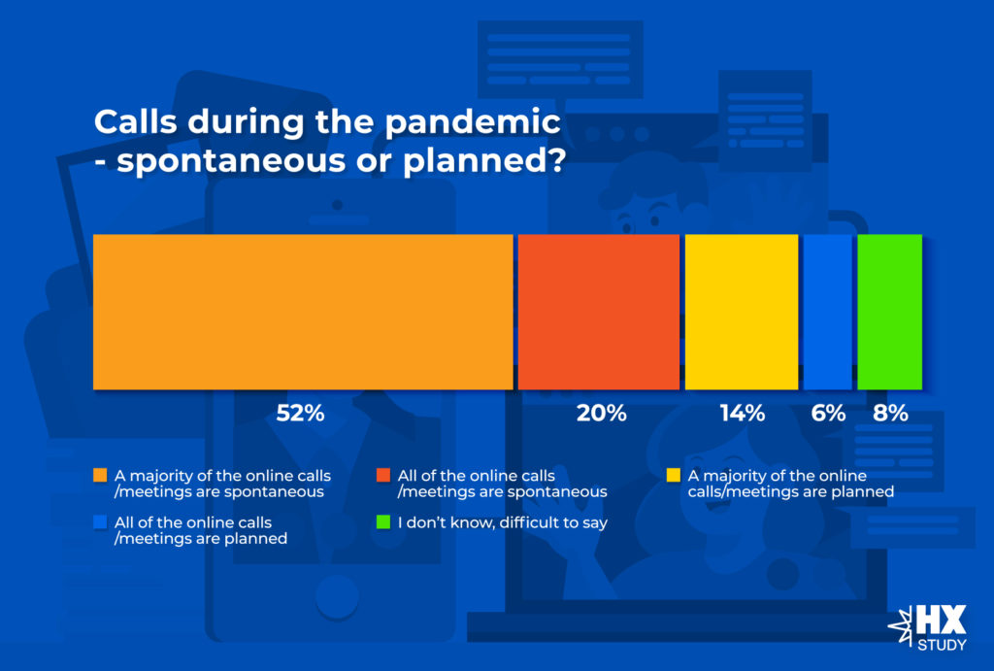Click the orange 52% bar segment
(x=303, y=312)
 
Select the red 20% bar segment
(x=598, y=312)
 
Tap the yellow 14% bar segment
(x=742, y=312)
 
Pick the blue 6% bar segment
(x=828, y=312)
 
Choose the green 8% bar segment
(x=889, y=312)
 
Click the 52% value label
(x=301, y=414)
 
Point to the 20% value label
(x=602, y=414)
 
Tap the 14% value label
(x=743, y=414)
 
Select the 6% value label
(x=828, y=414)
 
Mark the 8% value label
(x=891, y=414)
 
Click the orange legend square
(x=100, y=475)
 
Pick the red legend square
(x=382, y=475)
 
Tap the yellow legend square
(x=674, y=475)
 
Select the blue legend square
(x=100, y=522)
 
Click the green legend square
(x=382, y=522)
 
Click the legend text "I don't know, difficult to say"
(x=503, y=522)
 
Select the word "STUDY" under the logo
(x=942, y=645)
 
